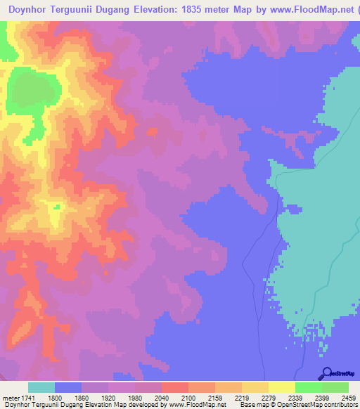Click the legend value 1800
pyautogui.click(x=55, y=397)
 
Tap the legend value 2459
pyautogui.click(x=349, y=397)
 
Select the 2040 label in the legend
pyautogui.click(x=162, y=397)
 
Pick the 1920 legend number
pyautogui.click(x=108, y=397)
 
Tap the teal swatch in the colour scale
pyautogui.click(x=41, y=387)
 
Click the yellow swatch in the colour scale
pyautogui.click(x=282, y=387)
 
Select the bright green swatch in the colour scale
pyautogui.click(x=309, y=387)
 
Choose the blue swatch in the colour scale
pyautogui.click(x=68, y=387)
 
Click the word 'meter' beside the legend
pyautogui.click(x=10, y=397)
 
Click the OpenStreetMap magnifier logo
pyautogui.click(x=326, y=373)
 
